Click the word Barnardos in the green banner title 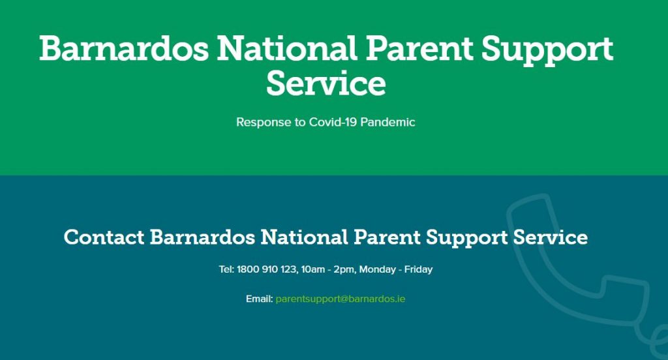pos(124,48)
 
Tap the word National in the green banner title pos(287,48)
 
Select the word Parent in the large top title pos(419,48)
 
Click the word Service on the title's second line pos(326,83)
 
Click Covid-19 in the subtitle pos(333,122)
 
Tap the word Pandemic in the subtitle pos(387,122)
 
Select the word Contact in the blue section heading pos(104,237)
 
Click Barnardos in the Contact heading pos(202,237)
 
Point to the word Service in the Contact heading pos(551,237)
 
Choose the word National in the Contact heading pos(304,237)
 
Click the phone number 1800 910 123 pos(267,270)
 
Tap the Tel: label pos(226,270)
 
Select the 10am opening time pos(312,270)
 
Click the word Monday pos(378,270)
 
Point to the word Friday pos(418,270)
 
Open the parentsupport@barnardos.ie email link pos(341,299)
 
